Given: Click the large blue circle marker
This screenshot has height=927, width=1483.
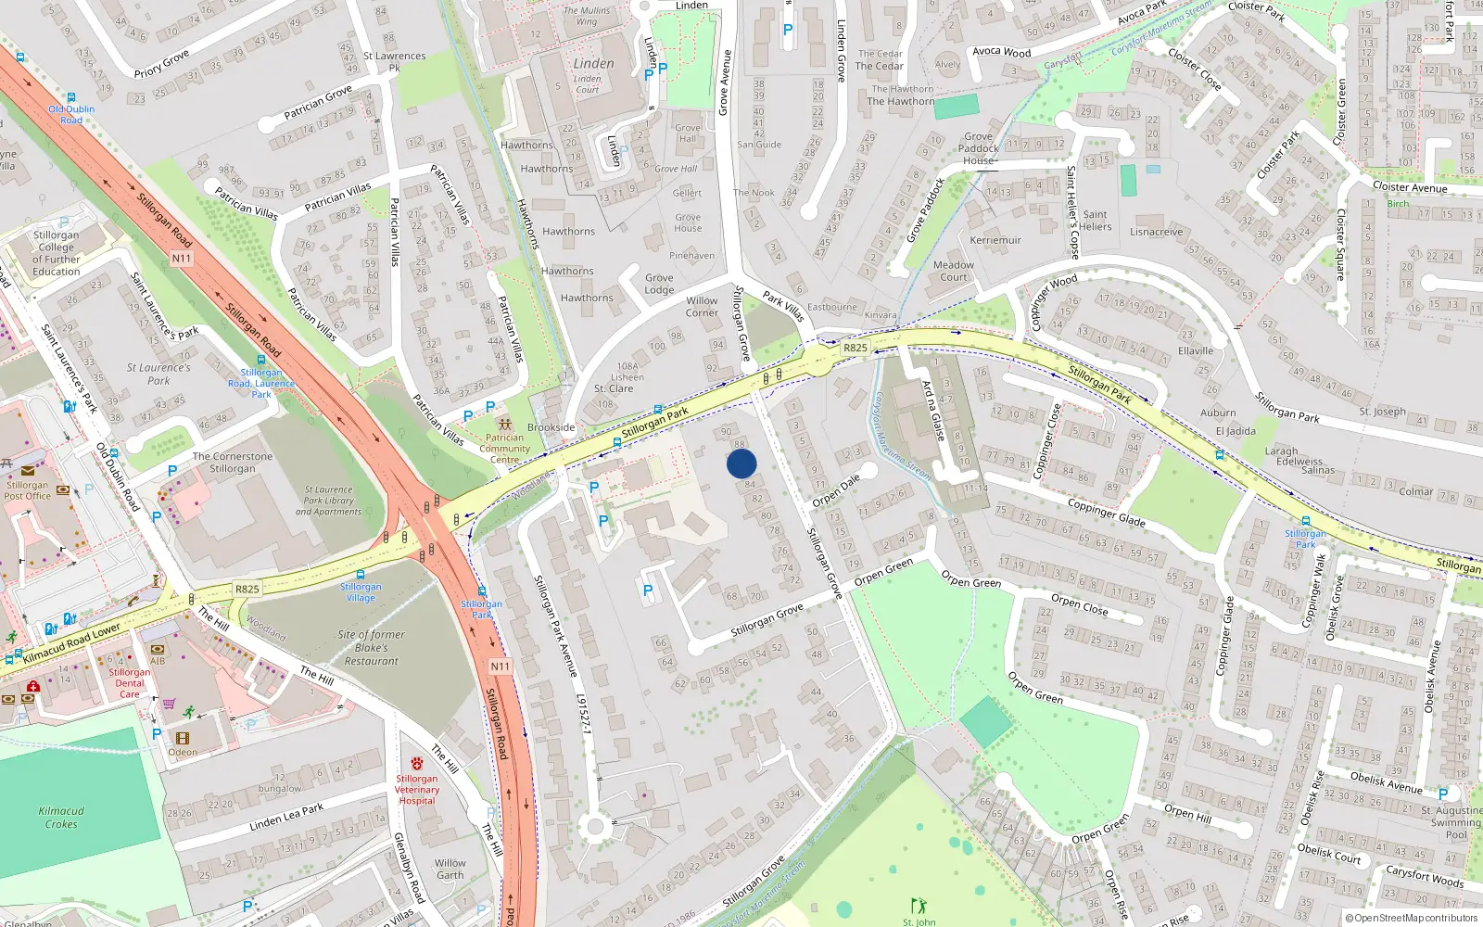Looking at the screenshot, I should pos(741,463).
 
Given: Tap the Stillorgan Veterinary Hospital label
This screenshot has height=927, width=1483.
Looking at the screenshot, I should pos(417,789).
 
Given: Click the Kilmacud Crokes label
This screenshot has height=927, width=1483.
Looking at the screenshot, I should pos(61,817).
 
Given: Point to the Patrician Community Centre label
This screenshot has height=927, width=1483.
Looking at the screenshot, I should pos(504,449).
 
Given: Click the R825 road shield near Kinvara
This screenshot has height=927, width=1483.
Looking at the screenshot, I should pos(856,348).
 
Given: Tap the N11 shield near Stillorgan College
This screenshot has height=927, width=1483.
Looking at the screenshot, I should pos(182,259).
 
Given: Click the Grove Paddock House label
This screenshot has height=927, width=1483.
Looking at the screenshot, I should pos(978,148).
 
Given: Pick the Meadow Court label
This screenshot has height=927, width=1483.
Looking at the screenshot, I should pos(953,271).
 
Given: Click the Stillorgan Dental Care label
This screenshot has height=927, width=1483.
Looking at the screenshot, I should pos(130,683).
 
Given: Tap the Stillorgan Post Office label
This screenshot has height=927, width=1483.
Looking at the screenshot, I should pos(28,490).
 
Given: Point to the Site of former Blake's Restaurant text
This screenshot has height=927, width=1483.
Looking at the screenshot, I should pos(371,648).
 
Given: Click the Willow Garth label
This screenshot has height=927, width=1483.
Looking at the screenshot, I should pos(450,869).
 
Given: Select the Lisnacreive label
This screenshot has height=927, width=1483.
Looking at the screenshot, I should pos(1156,232).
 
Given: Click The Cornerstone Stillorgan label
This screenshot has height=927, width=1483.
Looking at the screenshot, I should pos(233,463).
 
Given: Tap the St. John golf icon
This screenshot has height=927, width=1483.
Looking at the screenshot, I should pos(919,905).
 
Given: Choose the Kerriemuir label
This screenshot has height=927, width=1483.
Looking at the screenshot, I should pos(995,240).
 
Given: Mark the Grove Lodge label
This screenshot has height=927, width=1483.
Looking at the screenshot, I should pos(659,284).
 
